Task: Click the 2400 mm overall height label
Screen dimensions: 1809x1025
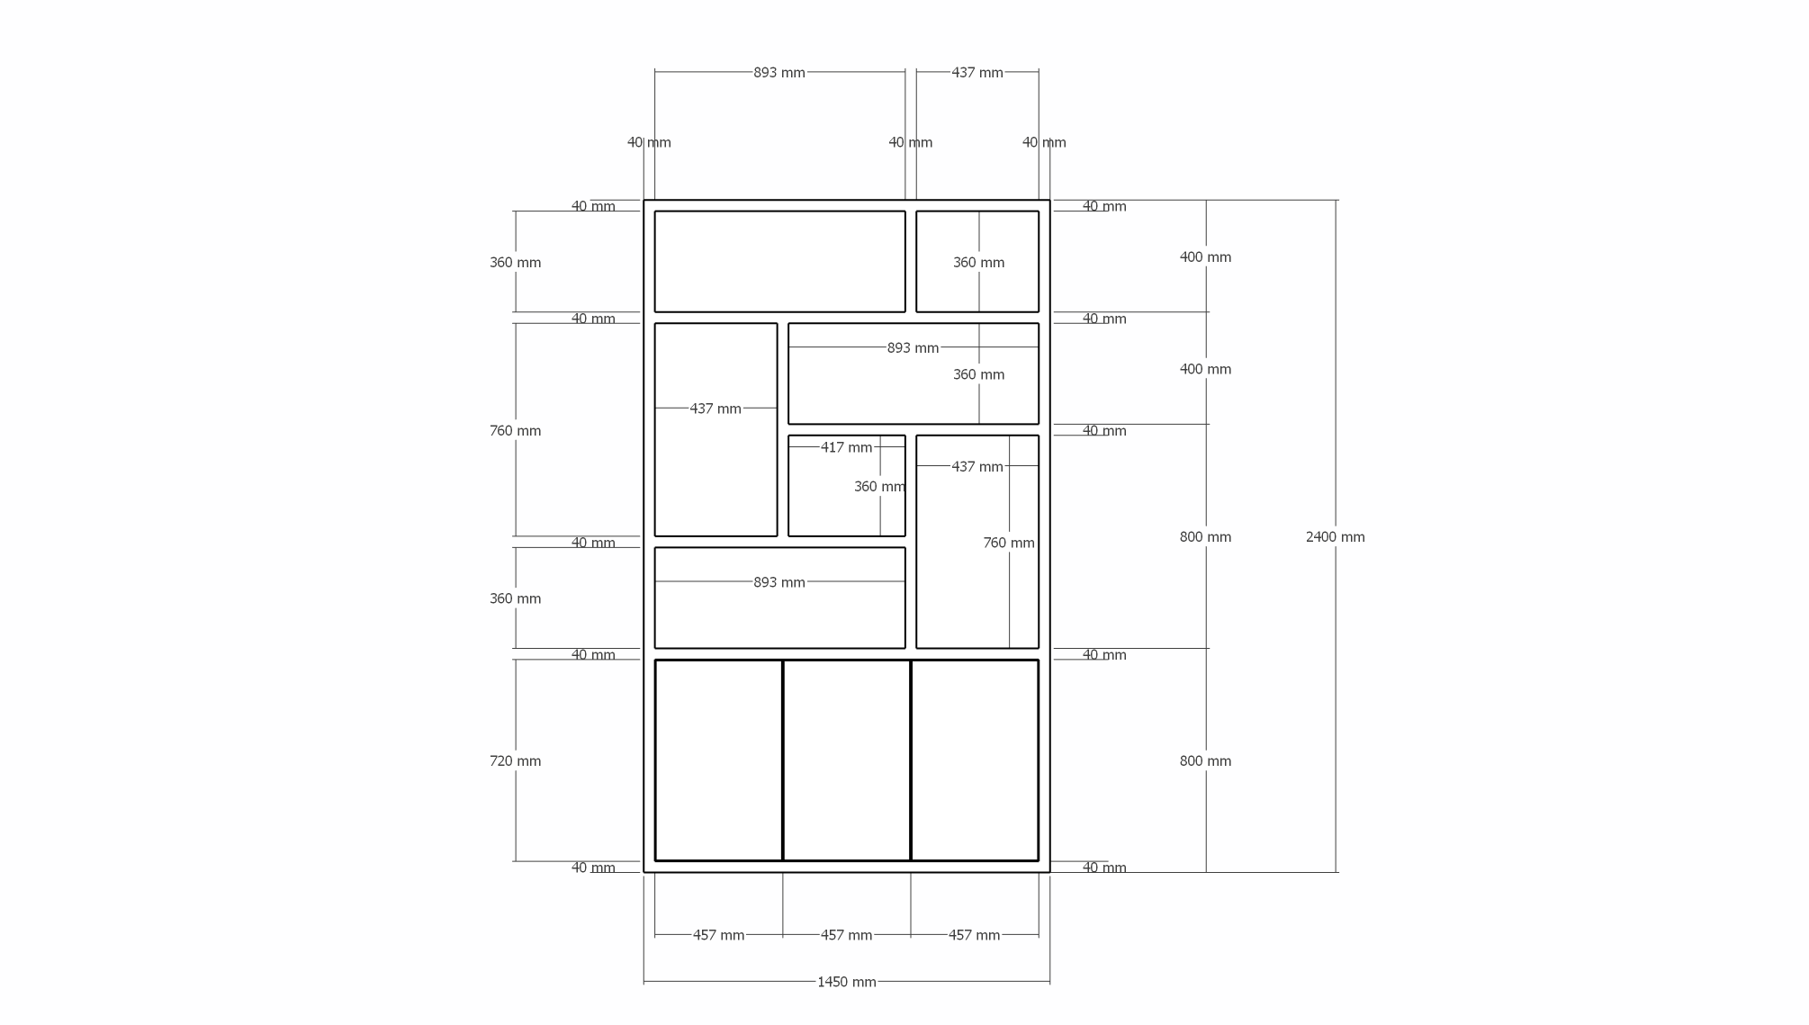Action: click(x=1335, y=537)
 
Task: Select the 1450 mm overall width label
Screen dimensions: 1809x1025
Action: click(x=846, y=982)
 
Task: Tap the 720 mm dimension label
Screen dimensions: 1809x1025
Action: click(x=515, y=761)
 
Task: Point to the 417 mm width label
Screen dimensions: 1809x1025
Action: click(x=846, y=447)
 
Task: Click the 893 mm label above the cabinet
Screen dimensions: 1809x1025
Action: click(x=779, y=73)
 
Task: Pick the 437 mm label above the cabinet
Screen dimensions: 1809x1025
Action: click(x=977, y=73)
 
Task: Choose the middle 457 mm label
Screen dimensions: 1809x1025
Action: click(x=846, y=936)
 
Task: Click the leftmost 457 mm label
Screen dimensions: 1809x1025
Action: click(x=718, y=936)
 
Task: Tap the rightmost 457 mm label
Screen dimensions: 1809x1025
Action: click(x=974, y=936)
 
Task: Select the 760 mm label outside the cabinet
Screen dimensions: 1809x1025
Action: click(x=515, y=431)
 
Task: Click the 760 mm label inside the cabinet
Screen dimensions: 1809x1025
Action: click(x=1008, y=544)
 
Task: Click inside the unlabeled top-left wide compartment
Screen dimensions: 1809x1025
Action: click(x=779, y=262)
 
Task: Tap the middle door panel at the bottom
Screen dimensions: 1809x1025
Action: click(x=846, y=760)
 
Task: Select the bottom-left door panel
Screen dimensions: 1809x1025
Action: click(x=718, y=760)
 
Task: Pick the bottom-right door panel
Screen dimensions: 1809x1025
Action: click(x=975, y=760)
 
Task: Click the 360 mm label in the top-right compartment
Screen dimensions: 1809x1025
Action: click(x=978, y=263)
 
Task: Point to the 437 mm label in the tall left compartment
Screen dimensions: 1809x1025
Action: click(x=715, y=409)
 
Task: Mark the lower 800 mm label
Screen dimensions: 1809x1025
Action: click(x=1205, y=761)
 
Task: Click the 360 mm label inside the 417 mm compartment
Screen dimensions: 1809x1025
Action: click(x=879, y=487)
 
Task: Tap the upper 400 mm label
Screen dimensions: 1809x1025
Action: click(x=1205, y=257)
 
